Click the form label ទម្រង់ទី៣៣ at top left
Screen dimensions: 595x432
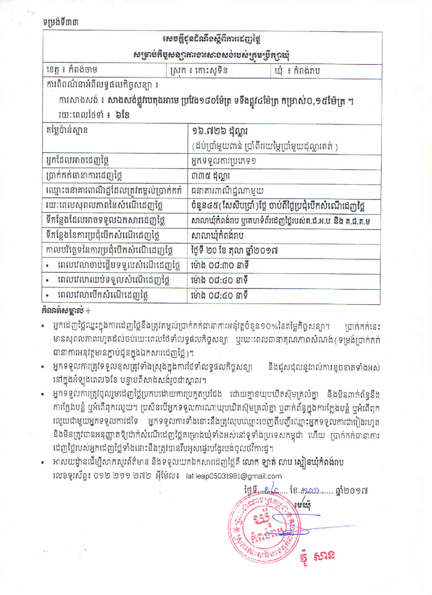(61, 22)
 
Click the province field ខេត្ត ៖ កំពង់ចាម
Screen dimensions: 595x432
(72, 70)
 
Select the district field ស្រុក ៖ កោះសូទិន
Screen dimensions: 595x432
(199, 70)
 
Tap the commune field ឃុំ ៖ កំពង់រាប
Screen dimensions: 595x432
(297, 71)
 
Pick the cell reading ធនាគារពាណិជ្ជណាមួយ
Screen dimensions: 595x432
(227, 191)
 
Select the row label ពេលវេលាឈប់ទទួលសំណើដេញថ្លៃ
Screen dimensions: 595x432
(113, 280)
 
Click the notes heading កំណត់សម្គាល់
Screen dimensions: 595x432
(66, 311)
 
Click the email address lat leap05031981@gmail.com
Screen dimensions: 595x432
(234, 476)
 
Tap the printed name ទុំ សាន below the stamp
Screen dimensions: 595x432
(316, 556)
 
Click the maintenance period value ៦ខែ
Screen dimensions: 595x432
(122, 115)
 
